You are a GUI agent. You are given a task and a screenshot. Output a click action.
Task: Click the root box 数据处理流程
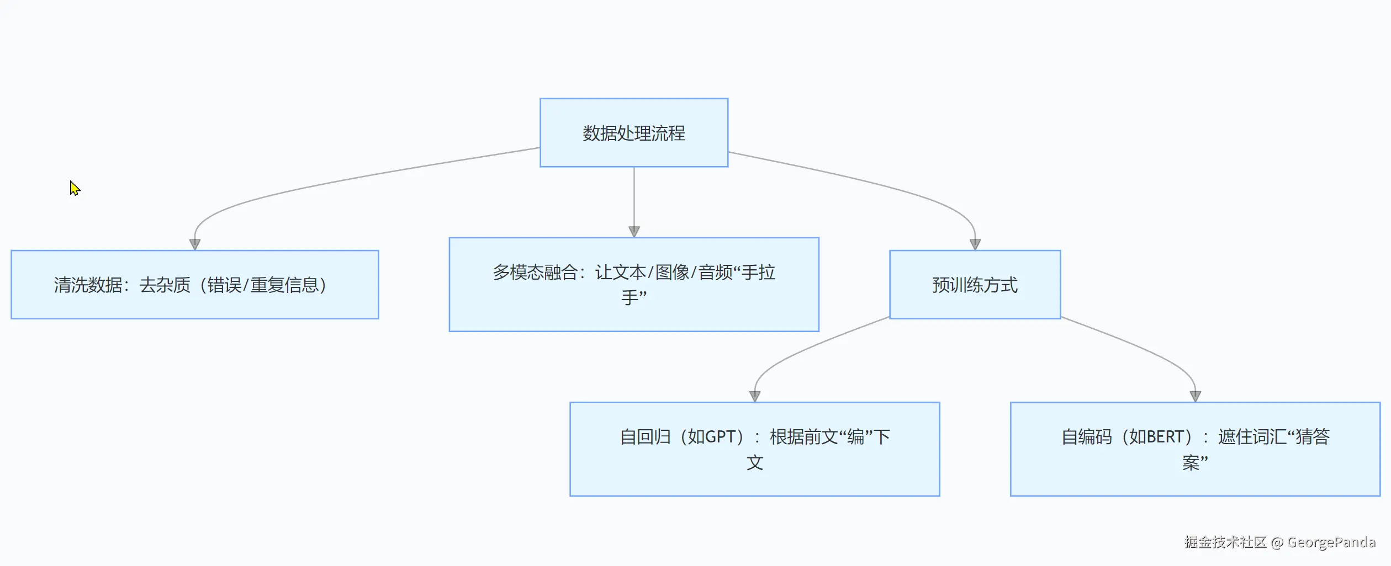(634, 133)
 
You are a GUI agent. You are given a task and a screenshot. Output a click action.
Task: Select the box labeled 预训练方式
(975, 285)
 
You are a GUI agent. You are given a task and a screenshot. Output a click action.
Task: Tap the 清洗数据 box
(194, 285)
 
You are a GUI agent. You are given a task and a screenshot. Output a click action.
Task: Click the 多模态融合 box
(634, 285)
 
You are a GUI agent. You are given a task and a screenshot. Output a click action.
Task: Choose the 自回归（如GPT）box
(754, 449)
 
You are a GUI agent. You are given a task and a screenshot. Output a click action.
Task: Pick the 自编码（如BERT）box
(1195, 449)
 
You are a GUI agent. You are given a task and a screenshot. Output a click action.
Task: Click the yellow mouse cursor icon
(75, 188)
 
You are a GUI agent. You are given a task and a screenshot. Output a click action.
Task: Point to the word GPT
(720, 437)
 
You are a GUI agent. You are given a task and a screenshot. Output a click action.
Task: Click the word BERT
(1165, 437)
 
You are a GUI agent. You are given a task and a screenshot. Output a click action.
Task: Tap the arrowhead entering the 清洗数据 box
(195, 244)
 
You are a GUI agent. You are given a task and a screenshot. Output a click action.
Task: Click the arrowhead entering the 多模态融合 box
(634, 232)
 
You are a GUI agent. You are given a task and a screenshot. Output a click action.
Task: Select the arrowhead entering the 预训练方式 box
(975, 244)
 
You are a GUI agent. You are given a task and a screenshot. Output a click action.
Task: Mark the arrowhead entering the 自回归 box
(755, 396)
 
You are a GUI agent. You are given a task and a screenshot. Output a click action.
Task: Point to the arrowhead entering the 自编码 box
(1196, 396)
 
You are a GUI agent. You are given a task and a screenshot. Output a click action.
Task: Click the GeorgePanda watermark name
(1331, 542)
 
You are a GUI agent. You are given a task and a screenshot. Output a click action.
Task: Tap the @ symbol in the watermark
(1277, 543)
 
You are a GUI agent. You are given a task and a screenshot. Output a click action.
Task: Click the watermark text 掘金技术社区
(1225, 542)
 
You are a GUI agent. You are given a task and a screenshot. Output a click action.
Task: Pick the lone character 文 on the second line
(755, 462)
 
